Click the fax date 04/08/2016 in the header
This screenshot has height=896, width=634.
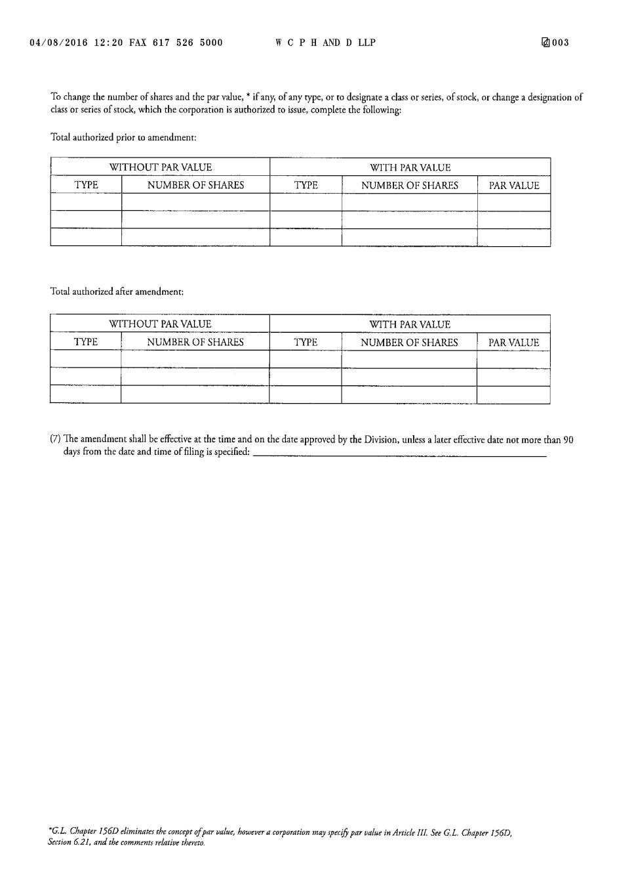click(x=58, y=43)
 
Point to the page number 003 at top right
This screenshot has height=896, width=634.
click(x=561, y=43)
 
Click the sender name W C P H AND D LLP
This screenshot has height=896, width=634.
click(x=325, y=43)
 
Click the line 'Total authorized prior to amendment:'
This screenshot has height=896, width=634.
click(x=123, y=137)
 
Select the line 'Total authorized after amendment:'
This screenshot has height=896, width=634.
click(x=117, y=291)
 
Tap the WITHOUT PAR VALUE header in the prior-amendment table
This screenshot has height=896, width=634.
click(x=161, y=167)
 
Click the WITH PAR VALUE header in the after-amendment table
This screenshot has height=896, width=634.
click(x=410, y=324)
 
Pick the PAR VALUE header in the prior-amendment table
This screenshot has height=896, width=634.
click(x=514, y=186)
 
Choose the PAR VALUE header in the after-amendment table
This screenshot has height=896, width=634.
click(x=513, y=343)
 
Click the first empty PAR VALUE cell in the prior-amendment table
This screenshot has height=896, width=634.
click(x=514, y=202)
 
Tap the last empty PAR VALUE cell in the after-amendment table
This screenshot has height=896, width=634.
click(x=513, y=395)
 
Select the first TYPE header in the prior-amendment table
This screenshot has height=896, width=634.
click(x=86, y=185)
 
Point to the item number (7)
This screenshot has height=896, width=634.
click(x=56, y=440)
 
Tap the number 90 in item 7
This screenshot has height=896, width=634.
click(x=568, y=440)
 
